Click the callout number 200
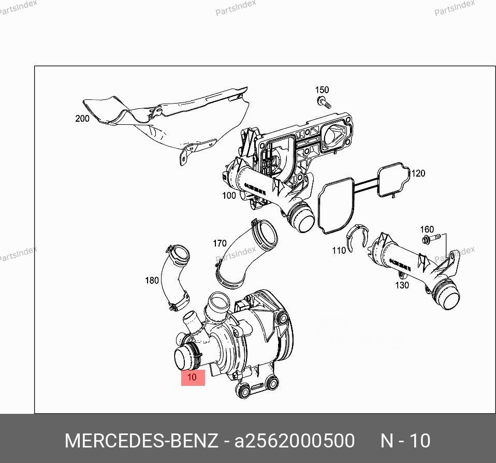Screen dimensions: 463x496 (82, 119)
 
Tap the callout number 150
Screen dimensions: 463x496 (322, 90)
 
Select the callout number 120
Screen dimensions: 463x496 (418, 173)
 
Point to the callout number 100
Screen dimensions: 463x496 (229, 195)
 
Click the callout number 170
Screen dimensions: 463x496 (220, 243)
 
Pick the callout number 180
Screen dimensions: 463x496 (152, 280)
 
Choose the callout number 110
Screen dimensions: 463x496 (339, 251)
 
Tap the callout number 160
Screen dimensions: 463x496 (427, 229)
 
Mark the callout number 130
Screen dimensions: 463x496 (402, 285)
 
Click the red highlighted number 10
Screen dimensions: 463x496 (192, 377)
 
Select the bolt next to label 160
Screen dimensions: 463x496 (429, 239)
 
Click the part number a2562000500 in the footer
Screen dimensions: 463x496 (295, 441)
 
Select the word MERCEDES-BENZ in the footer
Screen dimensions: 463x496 (141, 441)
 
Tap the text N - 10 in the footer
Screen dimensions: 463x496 (405, 441)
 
